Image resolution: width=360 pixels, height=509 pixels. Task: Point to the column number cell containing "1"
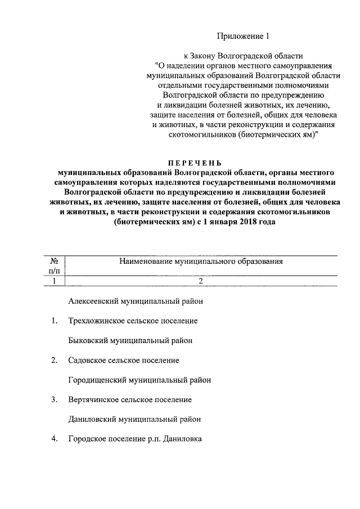[55, 281]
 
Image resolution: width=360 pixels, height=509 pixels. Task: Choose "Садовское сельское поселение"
[123, 360]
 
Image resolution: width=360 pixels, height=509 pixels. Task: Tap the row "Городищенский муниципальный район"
[139, 380]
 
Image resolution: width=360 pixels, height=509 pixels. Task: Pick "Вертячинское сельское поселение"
[129, 400]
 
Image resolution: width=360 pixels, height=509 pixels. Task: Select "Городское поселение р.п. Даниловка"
[134, 439]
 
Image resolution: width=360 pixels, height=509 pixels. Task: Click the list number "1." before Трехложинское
[54, 321]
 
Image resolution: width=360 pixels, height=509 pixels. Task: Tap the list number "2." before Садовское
[54, 360]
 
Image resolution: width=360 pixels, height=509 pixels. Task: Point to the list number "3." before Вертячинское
[54, 400]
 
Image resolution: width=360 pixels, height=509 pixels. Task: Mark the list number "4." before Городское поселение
[54, 439]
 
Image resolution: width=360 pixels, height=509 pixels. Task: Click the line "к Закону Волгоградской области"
[244, 56]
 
